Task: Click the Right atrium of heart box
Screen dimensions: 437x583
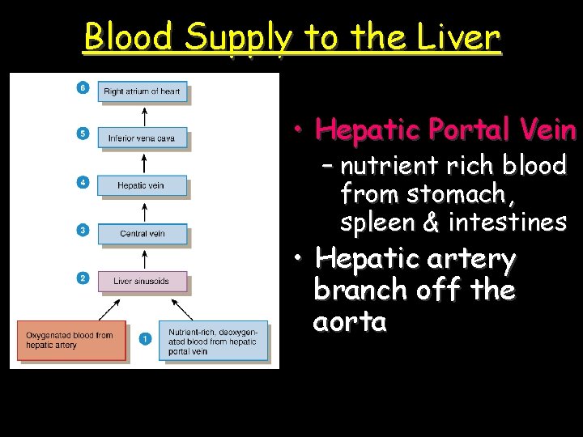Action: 142,91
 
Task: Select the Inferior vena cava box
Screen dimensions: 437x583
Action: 142,138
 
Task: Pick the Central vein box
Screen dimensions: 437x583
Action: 142,234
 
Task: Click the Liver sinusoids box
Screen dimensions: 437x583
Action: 142,282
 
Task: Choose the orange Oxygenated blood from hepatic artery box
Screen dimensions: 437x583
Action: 71,340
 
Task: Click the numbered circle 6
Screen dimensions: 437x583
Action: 83,87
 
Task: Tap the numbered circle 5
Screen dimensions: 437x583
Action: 83,134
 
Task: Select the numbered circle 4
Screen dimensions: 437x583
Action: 83,182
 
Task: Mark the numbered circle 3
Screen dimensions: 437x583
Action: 83,230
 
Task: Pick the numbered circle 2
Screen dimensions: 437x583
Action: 83,278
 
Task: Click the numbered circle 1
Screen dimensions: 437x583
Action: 145,339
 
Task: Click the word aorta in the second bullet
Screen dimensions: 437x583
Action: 350,322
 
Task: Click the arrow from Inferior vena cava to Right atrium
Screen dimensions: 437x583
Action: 143,115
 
